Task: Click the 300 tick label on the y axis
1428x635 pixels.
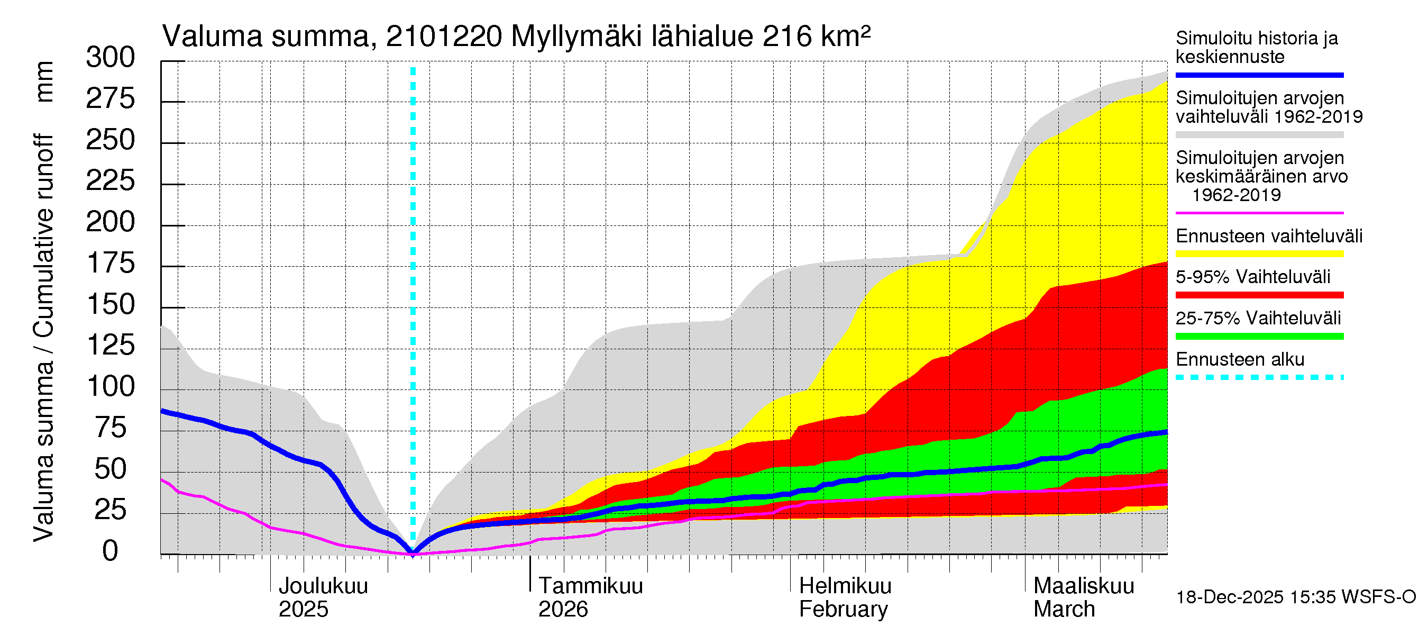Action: pos(111,58)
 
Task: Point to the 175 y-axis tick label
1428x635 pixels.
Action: pos(111,264)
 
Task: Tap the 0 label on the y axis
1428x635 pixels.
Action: pos(111,551)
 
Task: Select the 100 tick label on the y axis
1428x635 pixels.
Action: pos(111,386)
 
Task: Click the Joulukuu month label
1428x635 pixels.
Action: pos(323,586)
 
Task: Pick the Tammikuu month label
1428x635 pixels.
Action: pos(590,586)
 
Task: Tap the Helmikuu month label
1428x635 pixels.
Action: pos(845,586)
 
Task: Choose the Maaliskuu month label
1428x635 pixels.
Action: pos(1084,586)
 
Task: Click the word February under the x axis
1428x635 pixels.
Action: pos(843,610)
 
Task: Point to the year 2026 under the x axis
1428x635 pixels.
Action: pos(563,610)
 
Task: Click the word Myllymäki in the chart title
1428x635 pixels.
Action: pos(576,37)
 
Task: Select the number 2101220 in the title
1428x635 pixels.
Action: pos(444,37)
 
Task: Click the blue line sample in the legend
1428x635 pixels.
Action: pos(1259,75)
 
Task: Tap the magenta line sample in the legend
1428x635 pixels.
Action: pos(1259,213)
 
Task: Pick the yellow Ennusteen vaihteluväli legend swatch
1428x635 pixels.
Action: pos(1259,254)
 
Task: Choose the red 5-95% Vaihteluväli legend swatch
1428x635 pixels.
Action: pos(1259,295)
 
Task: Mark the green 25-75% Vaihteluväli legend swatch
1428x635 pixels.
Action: pos(1259,336)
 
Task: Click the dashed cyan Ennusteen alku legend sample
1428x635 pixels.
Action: pos(1259,378)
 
